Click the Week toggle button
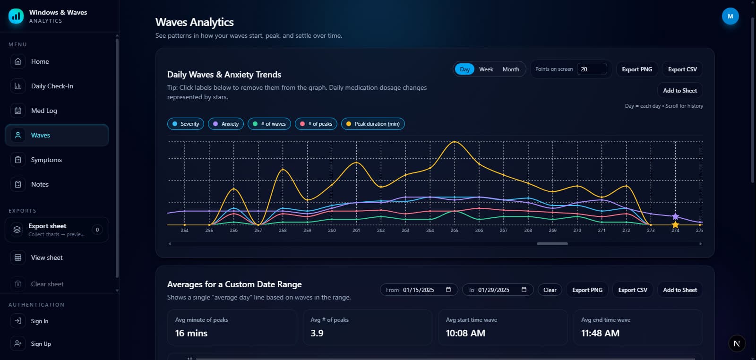click(x=486, y=69)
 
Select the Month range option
click(x=510, y=69)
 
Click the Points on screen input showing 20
click(x=591, y=69)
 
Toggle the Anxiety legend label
click(x=225, y=124)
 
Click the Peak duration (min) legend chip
click(x=372, y=124)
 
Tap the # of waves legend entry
click(x=269, y=124)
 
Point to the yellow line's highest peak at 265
click(x=455, y=142)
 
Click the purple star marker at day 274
click(x=675, y=216)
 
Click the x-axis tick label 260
click(x=332, y=231)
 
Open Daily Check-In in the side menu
click(x=52, y=86)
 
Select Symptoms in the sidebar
click(x=46, y=160)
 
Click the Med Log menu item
click(x=44, y=111)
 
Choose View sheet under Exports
click(x=47, y=257)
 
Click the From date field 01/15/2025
click(x=418, y=290)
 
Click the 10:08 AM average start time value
click(x=465, y=333)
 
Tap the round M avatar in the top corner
click(x=730, y=17)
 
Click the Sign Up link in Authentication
click(x=41, y=344)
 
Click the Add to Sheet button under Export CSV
click(x=679, y=91)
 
